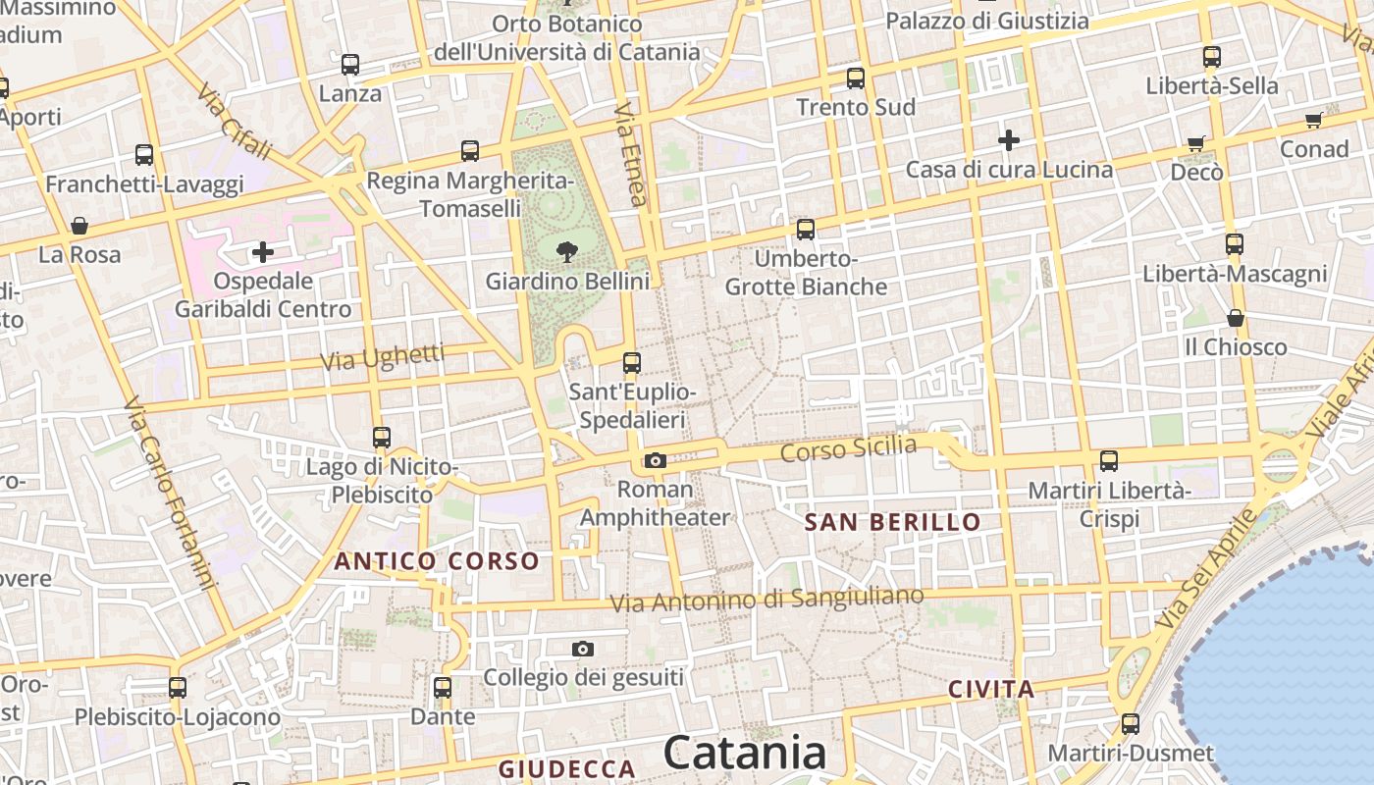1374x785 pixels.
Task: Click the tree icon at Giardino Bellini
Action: [566, 252]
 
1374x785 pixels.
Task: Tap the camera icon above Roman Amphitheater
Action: [656, 460]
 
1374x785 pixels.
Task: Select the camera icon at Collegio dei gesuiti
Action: [583, 649]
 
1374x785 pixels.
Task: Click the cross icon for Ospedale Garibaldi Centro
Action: [263, 252]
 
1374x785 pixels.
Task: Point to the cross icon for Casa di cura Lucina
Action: [1009, 140]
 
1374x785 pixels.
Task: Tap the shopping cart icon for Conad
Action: [1313, 121]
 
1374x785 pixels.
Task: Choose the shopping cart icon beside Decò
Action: [1195, 144]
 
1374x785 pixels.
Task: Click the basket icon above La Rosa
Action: [79, 227]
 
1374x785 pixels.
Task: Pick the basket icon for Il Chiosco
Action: [1236, 318]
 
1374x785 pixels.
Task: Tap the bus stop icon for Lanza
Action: [350, 65]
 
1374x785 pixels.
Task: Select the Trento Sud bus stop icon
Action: [856, 78]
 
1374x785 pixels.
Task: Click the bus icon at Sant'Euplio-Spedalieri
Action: [632, 363]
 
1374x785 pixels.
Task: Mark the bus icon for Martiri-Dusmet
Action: [1131, 724]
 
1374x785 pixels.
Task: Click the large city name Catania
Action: [745, 754]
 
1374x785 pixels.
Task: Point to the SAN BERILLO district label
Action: [893, 522]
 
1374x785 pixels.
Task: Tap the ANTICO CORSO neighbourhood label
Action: [438, 561]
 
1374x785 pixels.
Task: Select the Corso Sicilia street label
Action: [848, 449]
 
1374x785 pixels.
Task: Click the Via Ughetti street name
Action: [383, 357]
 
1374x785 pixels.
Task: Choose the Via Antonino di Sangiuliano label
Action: [766, 599]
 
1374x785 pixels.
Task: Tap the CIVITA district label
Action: [991, 690]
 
